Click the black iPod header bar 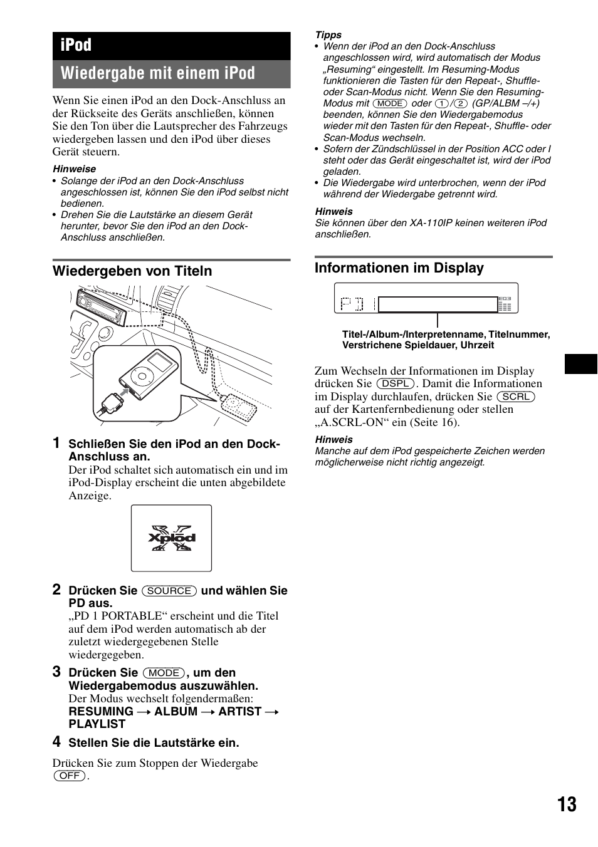(x=170, y=46)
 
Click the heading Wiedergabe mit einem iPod (x=158, y=74)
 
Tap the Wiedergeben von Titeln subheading (x=132, y=271)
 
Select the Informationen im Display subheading (x=399, y=268)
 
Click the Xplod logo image (x=171, y=538)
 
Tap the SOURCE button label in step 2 (x=169, y=591)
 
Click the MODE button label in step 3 (x=164, y=673)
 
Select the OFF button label (x=70, y=776)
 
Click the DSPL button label (x=396, y=383)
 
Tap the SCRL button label (x=516, y=397)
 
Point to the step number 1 (x=57, y=443)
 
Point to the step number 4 (x=57, y=742)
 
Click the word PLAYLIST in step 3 (x=97, y=724)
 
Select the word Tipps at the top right (x=328, y=35)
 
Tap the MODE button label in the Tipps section (x=389, y=103)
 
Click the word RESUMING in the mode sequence (x=101, y=712)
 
